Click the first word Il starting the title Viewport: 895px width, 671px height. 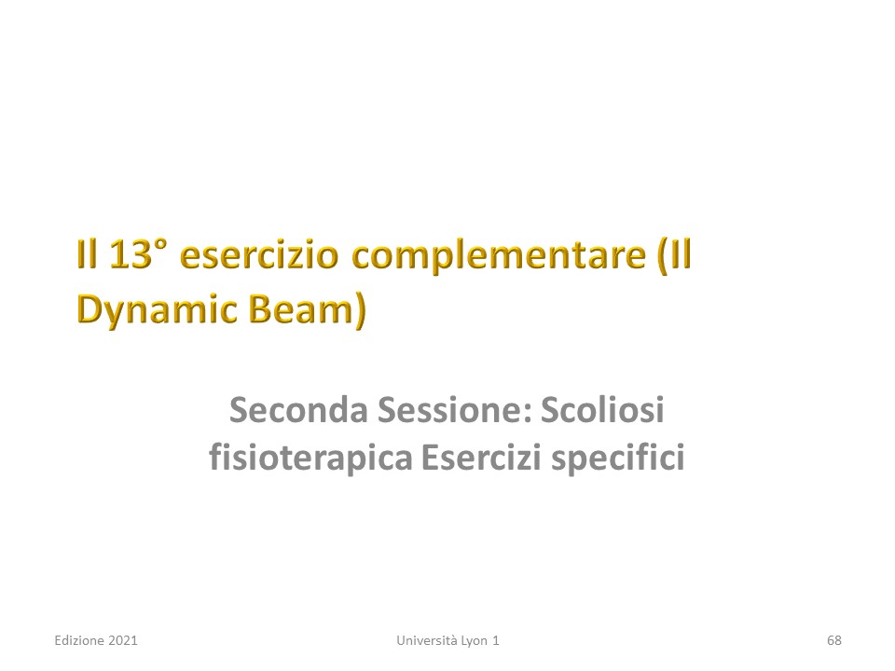tap(86, 254)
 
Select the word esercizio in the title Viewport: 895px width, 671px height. tap(259, 254)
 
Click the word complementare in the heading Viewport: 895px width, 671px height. tap(498, 258)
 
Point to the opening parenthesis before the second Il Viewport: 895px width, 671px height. tap(663, 257)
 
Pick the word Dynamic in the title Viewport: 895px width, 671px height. tap(157, 310)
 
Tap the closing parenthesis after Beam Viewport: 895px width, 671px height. tap(360, 311)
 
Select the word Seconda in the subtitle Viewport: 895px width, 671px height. tap(298, 410)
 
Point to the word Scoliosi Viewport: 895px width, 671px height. tap(602, 410)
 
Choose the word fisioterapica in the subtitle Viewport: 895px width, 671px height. tap(310, 459)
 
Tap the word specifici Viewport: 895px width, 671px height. tap(617, 459)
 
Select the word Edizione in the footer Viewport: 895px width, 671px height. tap(79, 640)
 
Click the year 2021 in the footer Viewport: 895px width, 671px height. tap(123, 641)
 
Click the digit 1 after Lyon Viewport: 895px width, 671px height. tap(495, 641)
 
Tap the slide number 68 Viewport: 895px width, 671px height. tap(833, 641)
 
